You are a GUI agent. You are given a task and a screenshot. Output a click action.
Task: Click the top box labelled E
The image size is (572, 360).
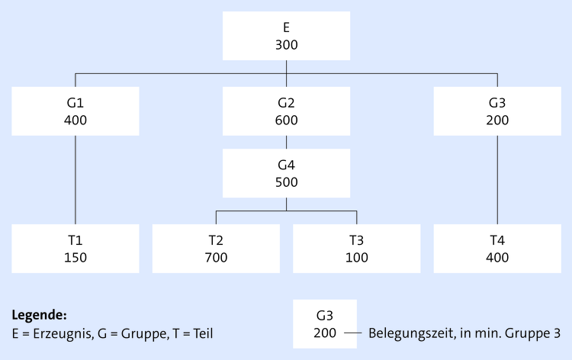click(x=286, y=36)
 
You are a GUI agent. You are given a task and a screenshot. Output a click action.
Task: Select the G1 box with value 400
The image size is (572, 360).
click(x=76, y=111)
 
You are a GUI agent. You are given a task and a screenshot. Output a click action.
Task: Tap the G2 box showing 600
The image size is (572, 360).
click(x=286, y=111)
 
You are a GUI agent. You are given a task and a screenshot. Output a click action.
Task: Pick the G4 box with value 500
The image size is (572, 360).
click(x=286, y=173)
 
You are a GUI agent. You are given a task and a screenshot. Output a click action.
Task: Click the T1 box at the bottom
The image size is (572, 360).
click(x=76, y=249)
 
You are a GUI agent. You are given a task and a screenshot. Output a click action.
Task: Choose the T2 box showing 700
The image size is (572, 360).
click(x=216, y=249)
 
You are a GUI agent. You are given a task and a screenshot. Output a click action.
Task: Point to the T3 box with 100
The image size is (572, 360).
click(x=356, y=249)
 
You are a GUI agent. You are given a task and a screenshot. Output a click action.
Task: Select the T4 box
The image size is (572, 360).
click(x=497, y=249)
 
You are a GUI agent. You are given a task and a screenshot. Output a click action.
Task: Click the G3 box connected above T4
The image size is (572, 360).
click(x=497, y=111)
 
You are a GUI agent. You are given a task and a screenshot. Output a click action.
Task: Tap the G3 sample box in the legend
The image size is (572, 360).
click(x=324, y=324)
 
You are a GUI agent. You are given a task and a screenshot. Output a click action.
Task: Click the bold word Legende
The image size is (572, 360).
click(x=40, y=314)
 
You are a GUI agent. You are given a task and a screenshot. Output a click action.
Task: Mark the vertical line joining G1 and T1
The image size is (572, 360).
click(x=76, y=180)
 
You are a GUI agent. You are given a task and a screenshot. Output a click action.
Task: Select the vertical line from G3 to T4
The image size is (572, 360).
click(x=497, y=180)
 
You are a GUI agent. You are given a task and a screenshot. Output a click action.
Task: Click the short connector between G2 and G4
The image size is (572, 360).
click(x=286, y=143)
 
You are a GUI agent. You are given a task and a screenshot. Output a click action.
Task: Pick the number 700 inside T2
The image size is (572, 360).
click(x=216, y=257)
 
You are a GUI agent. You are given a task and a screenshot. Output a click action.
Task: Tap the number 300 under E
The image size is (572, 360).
click(x=286, y=44)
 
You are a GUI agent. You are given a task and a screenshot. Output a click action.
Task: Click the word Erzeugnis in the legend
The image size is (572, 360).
click(x=53, y=333)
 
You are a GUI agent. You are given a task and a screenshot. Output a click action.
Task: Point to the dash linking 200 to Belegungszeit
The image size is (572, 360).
click(x=352, y=333)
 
